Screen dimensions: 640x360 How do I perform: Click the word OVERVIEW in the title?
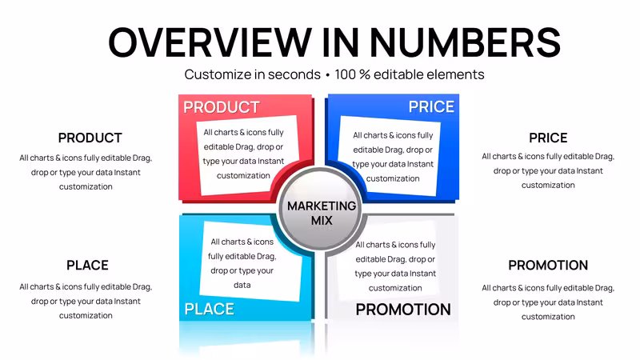coord(210,42)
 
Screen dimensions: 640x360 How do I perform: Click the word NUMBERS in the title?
coord(465,42)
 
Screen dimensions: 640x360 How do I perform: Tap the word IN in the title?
coord(341,42)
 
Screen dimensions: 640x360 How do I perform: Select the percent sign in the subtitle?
coord(364,74)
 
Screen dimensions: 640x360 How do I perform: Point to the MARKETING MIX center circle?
coord(322,209)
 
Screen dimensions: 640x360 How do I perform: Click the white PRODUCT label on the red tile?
coord(222,107)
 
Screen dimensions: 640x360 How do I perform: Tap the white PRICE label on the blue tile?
coord(431,107)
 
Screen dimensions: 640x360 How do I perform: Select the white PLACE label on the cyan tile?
coord(210,309)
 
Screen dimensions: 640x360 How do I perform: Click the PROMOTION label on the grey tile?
coord(403,310)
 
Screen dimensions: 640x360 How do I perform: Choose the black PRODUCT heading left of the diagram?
coord(90,138)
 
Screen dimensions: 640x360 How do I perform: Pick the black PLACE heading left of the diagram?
coord(87,266)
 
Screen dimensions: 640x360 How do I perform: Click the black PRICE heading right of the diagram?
coord(548,138)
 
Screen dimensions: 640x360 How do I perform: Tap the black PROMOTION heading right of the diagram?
coord(548,266)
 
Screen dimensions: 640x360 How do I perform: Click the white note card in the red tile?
coord(246,155)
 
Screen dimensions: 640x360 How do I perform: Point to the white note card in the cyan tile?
coord(250,262)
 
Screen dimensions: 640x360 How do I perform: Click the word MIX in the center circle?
coord(322,221)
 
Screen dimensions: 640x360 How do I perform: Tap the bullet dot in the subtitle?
coord(327,75)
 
